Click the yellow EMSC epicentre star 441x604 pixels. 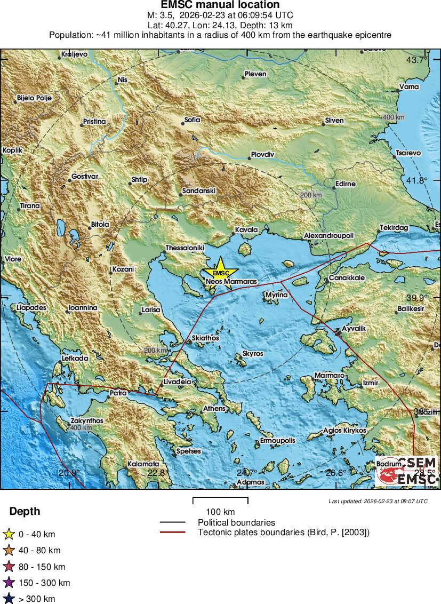click(x=220, y=273)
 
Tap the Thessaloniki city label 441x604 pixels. click(x=185, y=248)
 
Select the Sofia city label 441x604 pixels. click(x=192, y=120)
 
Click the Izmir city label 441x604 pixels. click(x=370, y=383)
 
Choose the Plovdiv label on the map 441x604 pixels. click(x=262, y=155)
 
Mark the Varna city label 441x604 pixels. click(x=409, y=87)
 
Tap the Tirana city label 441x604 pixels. click(x=30, y=206)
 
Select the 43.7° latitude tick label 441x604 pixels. click(x=417, y=60)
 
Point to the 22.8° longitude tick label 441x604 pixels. click(x=156, y=473)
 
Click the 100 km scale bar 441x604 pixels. click(x=220, y=500)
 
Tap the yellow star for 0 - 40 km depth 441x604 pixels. click(x=9, y=534)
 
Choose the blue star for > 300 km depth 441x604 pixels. click(x=9, y=599)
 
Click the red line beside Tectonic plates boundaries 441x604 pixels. click(x=172, y=533)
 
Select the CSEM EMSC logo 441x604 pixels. click(x=407, y=471)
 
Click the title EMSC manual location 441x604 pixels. click(x=220, y=5)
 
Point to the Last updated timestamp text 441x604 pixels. click(x=378, y=502)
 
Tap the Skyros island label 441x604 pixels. click(x=253, y=354)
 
